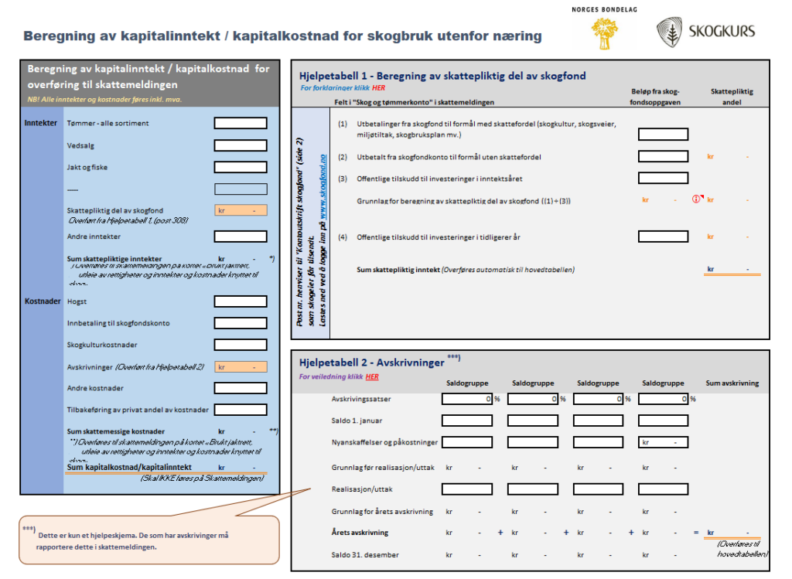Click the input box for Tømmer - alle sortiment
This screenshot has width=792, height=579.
[x=240, y=123]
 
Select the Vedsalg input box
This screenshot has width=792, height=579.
[x=240, y=145]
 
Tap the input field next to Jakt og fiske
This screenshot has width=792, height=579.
[x=240, y=167]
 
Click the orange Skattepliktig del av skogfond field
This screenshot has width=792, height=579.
[x=240, y=210]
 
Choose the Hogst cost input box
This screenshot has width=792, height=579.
[x=240, y=301]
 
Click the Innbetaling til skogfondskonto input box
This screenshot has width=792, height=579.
[x=240, y=323]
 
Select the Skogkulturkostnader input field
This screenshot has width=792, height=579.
[x=240, y=345]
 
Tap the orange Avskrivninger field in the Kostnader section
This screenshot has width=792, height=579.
[x=240, y=367]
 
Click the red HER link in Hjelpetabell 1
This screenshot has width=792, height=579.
[x=378, y=88]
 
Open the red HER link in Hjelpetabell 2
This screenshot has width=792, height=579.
[x=372, y=377]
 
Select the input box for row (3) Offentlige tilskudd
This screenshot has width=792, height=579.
[x=663, y=179]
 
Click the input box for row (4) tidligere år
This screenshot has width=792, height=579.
[x=663, y=237]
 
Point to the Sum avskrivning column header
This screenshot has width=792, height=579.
[x=732, y=383]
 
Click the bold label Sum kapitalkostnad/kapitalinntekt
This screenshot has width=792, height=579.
[x=129, y=468]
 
